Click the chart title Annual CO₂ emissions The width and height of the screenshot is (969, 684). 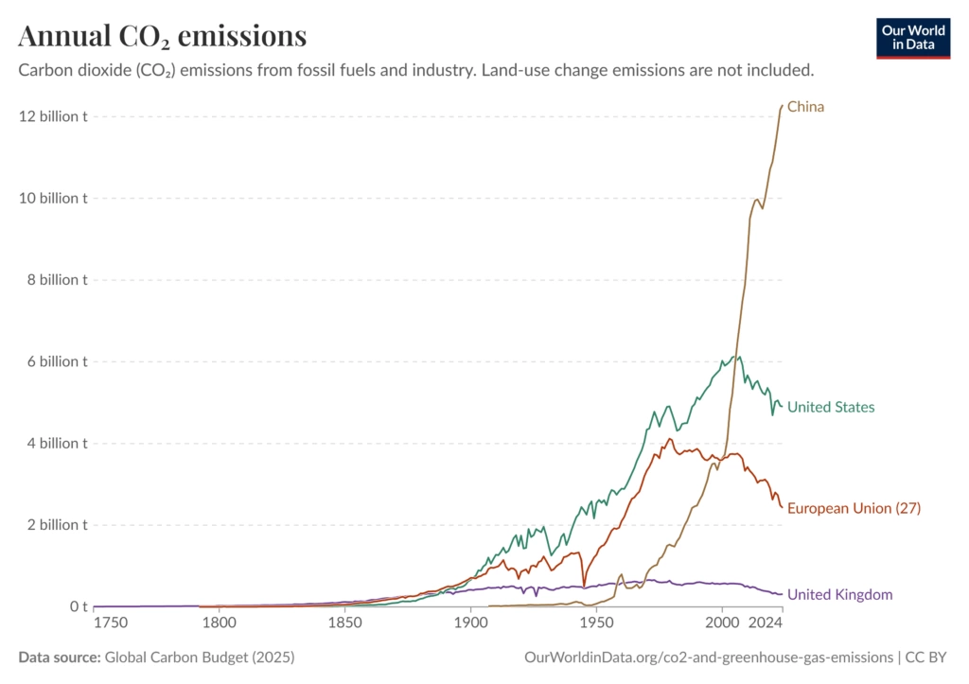pyautogui.click(x=162, y=36)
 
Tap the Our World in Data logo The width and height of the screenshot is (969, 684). pyautogui.click(x=913, y=38)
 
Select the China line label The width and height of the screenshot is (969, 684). pyautogui.click(x=805, y=107)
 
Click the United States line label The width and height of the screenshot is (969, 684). pyautogui.click(x=831, y=407)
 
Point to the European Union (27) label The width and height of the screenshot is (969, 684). pyautogui.click(x=854, y=508)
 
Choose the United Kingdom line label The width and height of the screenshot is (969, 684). pyautogui.click(x=839, y=594)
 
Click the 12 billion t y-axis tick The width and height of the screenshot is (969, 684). pyautogui.click(x=53, y=116)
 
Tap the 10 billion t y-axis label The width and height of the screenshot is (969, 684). pyautogui.click(x=53, y=199)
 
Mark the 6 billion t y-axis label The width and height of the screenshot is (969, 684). pyautogui.click(x=57, y=361)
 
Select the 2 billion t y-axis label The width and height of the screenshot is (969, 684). pyautogui.click(x=57, y=524)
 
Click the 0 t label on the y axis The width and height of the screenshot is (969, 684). pyautogui.click(x=79, y=606)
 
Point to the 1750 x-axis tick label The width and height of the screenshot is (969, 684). pyautogui.click(x=111, y=623)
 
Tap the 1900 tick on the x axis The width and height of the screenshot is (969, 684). pyautogui.click(x=471, y=623)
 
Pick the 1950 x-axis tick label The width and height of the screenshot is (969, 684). pyautogui.click(x=597, y=623)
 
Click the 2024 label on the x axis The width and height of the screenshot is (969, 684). pyautogui.click(x=766, y=623)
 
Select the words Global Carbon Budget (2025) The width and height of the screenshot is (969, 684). pyautogui.click(x=200, y=658)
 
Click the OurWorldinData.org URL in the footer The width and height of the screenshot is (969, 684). pyautogui.click(x=708, y=658)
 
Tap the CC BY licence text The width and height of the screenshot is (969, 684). pyautogui.click(x=925, y=658)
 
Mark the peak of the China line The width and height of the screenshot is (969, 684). pyautogui.click(x=783, y=106)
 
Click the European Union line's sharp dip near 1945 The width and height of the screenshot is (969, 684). pyautogui.click(x=583, y=586)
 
